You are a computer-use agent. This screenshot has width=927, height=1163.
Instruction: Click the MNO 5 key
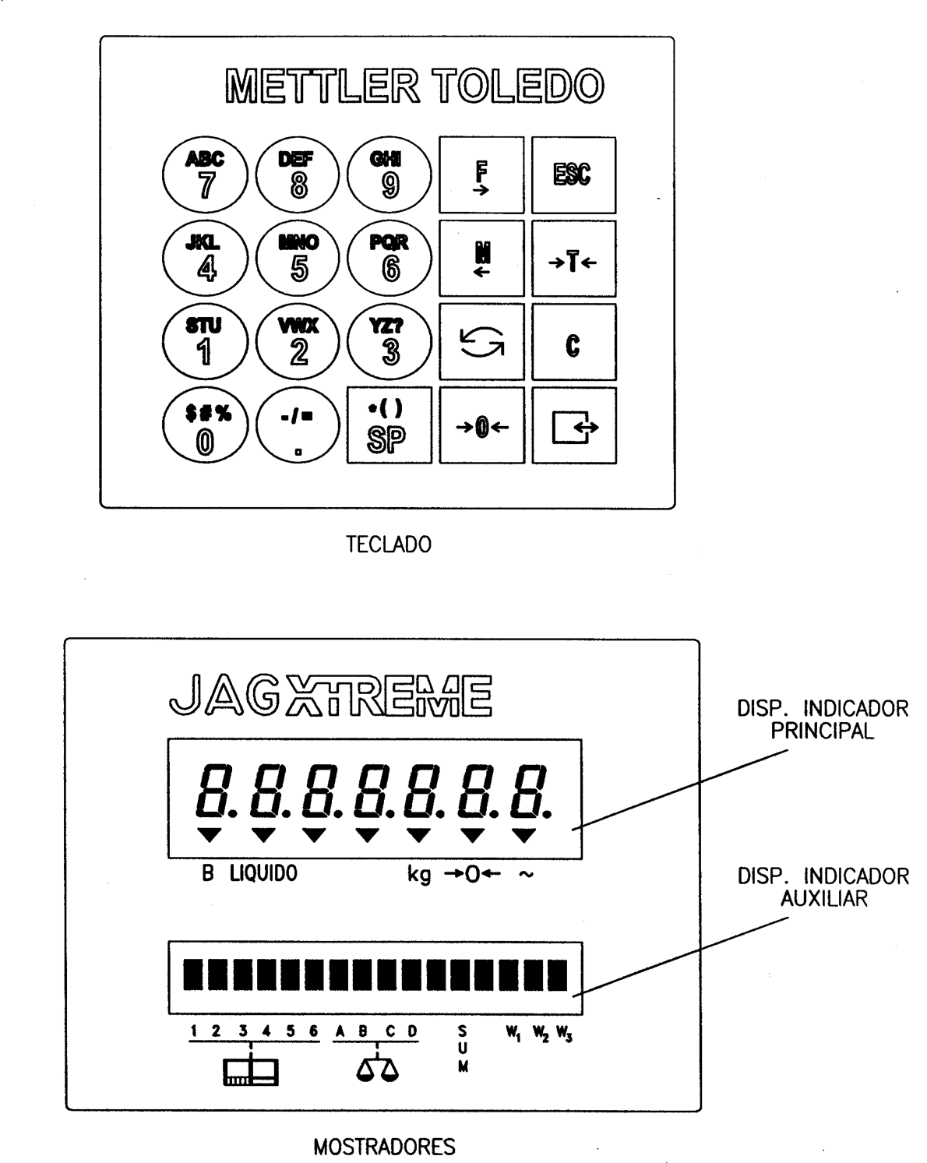click(x=298, y=259)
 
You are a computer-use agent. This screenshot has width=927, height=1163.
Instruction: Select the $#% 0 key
click(x=205, y=425)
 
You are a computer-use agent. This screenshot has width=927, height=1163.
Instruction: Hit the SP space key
click(x=389, y=425)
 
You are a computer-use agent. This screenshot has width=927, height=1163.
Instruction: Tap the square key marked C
click(x=573, y=341)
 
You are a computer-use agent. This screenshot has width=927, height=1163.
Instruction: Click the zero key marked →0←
click(x=481, y=425)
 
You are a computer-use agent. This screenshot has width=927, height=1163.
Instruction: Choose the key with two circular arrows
click(x=481, y=341)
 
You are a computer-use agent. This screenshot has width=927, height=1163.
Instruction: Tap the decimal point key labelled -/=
click(x=298, y=425)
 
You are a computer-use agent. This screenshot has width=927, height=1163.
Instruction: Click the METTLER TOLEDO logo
click(x=414, y=86)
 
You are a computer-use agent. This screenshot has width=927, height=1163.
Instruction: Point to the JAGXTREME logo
click(x=331, y=696)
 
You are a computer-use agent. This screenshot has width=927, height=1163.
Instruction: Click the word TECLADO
click(x=389, y=544)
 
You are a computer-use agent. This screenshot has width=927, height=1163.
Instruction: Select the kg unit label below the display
click(x=419, y=875)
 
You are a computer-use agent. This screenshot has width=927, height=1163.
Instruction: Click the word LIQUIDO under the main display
click(x=263, y=873)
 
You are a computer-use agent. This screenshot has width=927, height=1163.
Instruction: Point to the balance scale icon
click(x=377, y=1069)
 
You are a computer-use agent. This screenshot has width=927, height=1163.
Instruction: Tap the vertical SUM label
click(x=463, y=1049)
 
